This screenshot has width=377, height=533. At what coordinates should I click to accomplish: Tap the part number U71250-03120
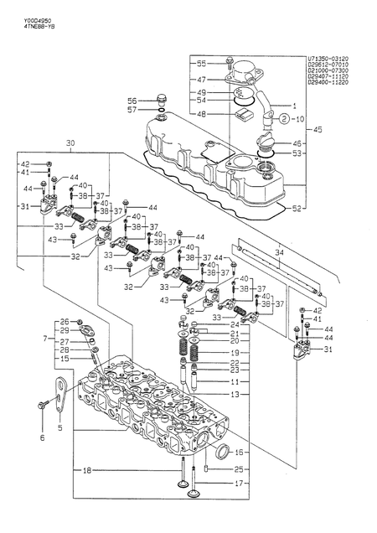(x=328, y=60)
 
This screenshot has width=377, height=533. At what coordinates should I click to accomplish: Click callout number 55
(x=201, y=64)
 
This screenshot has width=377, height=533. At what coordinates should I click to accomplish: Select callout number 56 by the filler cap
(x=132, y=100)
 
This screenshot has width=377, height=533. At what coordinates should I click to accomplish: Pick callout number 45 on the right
(x=317, y=130)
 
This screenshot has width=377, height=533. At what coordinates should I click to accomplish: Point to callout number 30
(x=70, y=143)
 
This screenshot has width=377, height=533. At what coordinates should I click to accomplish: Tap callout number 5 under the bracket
(x=59, y=427)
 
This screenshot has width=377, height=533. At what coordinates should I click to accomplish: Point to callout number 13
(x=235, y=393)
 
